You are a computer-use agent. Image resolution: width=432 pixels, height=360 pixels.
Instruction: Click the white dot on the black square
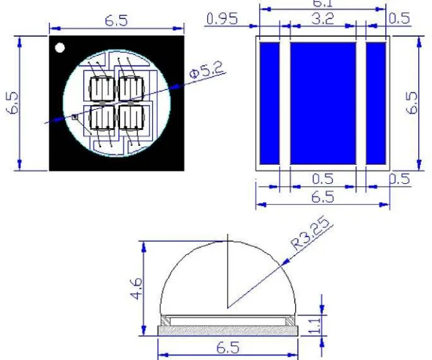[x=60, y=47]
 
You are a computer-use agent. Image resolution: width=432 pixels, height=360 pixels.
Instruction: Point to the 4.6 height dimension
[x=135, y=288]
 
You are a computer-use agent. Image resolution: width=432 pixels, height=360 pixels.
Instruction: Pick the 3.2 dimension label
[x=322, y=19]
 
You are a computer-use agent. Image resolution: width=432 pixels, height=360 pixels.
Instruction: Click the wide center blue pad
[x=322, y=102]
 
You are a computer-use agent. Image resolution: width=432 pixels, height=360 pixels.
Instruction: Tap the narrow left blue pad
[x=270, y=102]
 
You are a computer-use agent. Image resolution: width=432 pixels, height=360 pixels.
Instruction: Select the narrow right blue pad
[x=376, y=102]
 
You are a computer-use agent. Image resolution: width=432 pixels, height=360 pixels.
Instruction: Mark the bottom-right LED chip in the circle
[x=131, y=118]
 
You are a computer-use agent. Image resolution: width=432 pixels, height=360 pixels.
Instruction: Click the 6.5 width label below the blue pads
[x=322, y=196]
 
